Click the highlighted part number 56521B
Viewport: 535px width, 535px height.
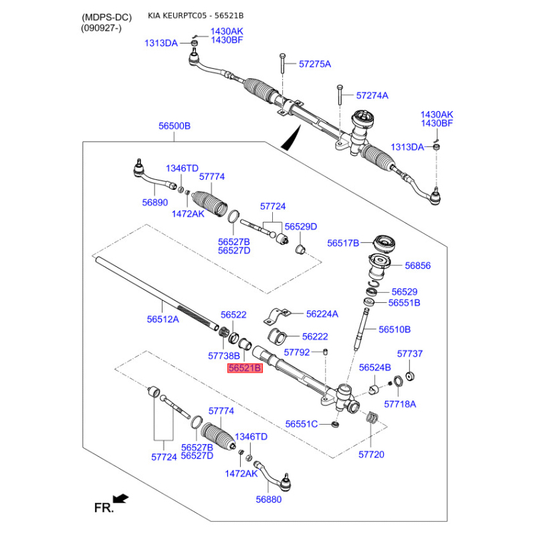tap(245, 368)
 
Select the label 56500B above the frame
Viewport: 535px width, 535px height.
tap(175, 126)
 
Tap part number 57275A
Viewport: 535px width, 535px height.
tap(315, 64)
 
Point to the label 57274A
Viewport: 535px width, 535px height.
tap(372, 96)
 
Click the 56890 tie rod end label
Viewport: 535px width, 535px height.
tap(154, 201)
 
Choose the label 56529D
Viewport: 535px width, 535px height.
tap(300, 227)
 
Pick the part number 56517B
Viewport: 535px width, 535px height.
tap(343, 243)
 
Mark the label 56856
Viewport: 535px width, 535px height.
tap(417, 265)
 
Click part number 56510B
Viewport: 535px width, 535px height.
tap(395, 330)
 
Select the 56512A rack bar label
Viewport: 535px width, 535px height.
tap(163, 320)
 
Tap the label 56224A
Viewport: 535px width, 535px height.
tap(322, 314)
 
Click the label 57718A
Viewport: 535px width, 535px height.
tap(400, 404)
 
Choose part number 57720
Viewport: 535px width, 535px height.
tap(372, 454)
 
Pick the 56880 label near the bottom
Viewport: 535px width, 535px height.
tap(268, 499)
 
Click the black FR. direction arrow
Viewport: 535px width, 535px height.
tap(121, 498)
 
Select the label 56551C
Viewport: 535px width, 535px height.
tap(302, 424)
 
